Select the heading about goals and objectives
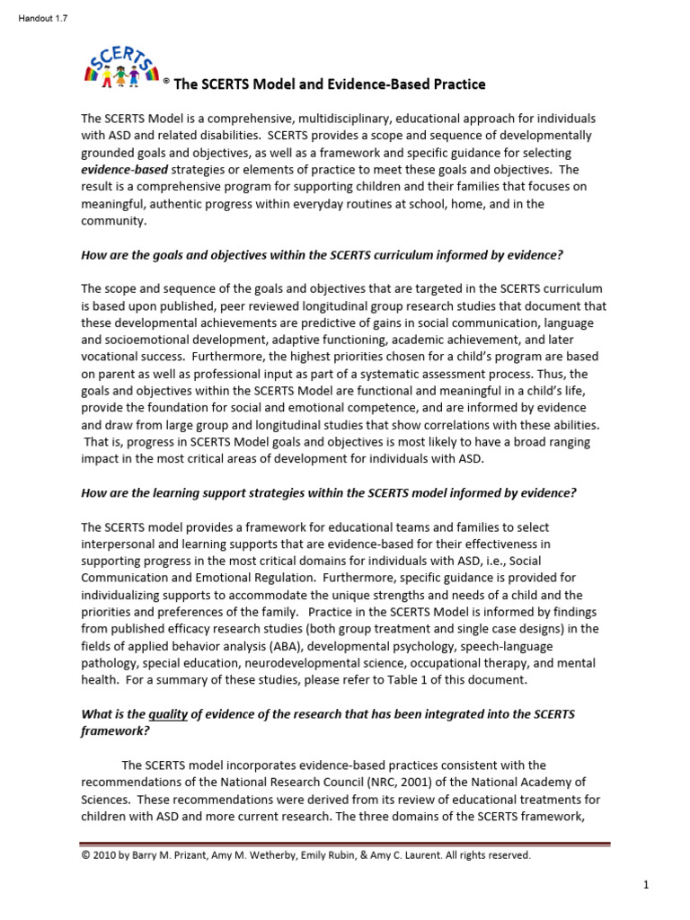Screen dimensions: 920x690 click(x=322, y=255)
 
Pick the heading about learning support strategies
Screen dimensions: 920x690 click(x=328, y=492)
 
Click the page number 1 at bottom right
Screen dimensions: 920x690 click(x=646, y=886)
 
